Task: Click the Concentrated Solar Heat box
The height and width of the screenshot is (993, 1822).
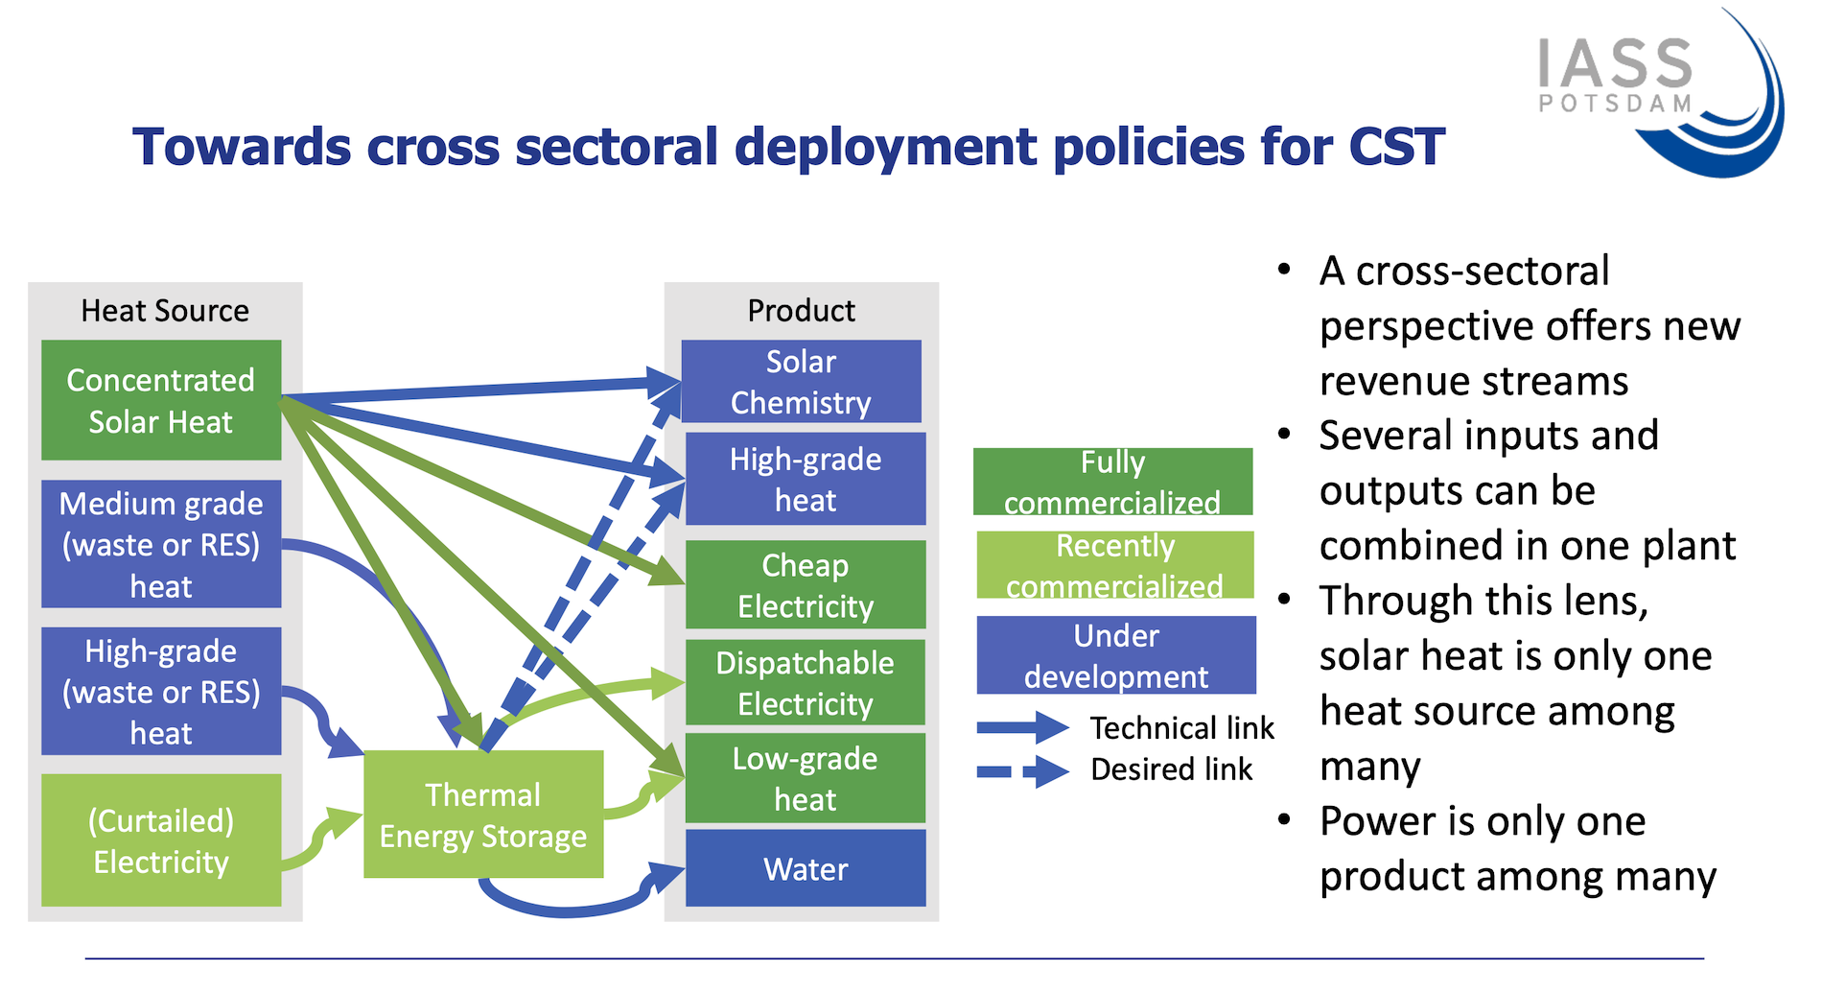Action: (161, 400)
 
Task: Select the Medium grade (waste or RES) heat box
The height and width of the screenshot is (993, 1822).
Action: (161, 544)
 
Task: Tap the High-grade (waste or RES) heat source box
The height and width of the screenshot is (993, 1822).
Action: (161, 691)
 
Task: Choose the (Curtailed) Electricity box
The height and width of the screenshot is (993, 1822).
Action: (161, 840)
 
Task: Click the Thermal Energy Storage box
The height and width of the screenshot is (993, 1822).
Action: (483, 815)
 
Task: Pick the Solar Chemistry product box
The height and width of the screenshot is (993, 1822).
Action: (801, 381)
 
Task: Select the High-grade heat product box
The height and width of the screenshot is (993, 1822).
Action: (806, 479)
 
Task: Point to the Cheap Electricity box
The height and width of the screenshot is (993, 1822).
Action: (806, 584)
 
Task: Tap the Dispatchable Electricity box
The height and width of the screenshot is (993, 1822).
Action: (806, 682)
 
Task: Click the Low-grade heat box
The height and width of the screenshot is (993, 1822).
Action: (806, 778)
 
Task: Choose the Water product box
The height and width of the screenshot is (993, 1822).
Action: (806, 868)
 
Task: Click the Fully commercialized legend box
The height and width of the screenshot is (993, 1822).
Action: (1112, 482)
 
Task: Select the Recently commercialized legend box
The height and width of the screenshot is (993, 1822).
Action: (1115, 565)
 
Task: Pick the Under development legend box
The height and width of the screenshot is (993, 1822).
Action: (1116, 655)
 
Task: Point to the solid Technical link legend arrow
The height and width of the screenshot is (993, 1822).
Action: (1023, 728)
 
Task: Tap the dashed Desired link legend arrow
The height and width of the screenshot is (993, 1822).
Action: (1023, 770)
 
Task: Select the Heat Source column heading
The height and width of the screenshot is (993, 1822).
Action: (165, 311)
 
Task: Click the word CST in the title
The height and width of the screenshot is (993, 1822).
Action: (1396, 147)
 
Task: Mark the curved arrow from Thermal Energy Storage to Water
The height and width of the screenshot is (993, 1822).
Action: (566, 907)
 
